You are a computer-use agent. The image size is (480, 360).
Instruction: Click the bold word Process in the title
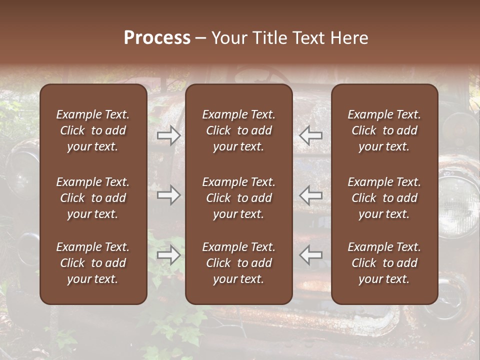coord(157,38)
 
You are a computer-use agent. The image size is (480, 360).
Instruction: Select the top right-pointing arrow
coord(168,135)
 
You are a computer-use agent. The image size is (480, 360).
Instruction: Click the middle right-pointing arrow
coord(168,195)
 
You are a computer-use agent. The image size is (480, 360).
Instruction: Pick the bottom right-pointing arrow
coord(168,255)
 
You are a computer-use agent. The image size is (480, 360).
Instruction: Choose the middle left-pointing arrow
coord(311,195)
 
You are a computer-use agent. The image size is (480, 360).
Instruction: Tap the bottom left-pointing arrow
coord(311,255)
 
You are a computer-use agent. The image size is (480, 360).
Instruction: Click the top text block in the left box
coord(93,130)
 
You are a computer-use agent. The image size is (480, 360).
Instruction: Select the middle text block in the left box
coord(93,198)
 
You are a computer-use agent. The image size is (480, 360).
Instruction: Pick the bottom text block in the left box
coord(93,263)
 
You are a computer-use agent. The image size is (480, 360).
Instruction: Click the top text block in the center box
coord(239,130)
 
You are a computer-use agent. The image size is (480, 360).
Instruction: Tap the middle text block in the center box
coord(239,198)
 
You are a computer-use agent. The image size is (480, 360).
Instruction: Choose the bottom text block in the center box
coord(239,263)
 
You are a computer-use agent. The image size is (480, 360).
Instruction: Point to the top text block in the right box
coord(384,130)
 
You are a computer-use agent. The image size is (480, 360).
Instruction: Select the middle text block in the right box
coord(384,198)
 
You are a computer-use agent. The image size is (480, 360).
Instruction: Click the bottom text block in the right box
coord(384,263)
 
